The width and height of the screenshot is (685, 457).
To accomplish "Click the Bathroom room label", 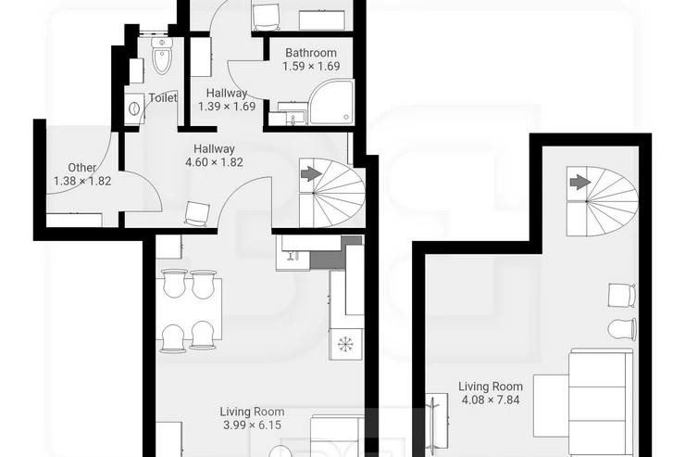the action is point(311,53).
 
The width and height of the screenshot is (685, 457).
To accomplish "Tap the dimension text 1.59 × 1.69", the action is point(311,67).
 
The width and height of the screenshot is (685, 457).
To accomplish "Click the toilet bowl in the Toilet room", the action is point(162,56).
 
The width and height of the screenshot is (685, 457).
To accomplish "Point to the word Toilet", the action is point(163,98).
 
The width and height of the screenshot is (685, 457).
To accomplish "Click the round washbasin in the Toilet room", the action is point(134,108).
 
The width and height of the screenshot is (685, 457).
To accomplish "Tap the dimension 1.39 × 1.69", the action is point(227,107).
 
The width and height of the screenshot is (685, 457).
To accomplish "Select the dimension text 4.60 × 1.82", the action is point(215,162).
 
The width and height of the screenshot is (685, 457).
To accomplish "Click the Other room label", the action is point(82,168).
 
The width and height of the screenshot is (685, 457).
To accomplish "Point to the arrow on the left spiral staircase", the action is point(311,174).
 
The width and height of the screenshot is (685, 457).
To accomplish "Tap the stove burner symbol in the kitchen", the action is point(345,343).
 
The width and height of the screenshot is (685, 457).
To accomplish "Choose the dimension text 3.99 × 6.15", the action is point(252,425).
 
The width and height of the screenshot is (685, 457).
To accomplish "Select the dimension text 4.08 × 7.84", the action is point(491,400).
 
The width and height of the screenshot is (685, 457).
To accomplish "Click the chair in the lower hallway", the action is point(195,214).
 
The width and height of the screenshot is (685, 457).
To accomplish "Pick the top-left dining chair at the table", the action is point(174,283).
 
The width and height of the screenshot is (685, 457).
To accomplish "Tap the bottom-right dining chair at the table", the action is point(203,336).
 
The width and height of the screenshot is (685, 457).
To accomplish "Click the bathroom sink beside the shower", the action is point(293,115).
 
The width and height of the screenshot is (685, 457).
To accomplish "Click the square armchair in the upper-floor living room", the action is point(622,295).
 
